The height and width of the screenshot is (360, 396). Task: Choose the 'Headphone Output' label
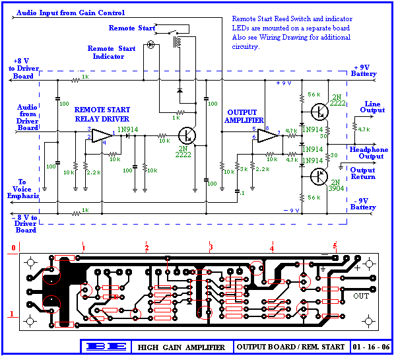369,153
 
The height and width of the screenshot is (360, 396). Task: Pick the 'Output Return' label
362,174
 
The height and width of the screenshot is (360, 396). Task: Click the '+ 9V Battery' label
365,71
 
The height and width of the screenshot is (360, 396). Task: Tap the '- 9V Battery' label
364,204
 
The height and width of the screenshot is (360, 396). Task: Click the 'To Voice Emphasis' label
20,189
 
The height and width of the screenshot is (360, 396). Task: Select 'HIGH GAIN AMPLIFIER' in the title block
181,347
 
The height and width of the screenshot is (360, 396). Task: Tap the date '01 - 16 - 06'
370,347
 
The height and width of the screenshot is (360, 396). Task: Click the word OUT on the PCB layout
361,295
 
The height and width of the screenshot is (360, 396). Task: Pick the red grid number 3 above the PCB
211,248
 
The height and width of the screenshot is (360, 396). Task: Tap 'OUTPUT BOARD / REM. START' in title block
290,347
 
